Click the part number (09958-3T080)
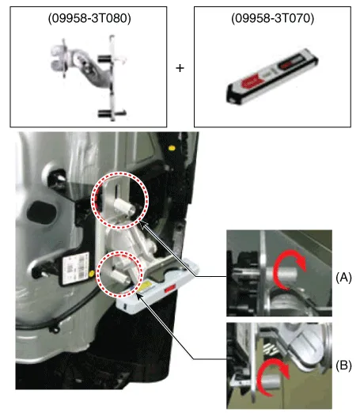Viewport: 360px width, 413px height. (89, 18)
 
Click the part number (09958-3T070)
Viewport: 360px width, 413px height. (272, 18)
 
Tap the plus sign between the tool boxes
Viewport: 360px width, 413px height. (180, 68)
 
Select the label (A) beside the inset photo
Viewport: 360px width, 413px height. (343, 278)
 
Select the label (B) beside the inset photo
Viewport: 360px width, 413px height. (343, 366)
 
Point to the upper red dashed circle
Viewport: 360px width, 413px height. (119, 172)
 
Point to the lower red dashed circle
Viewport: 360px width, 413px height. (119, 252)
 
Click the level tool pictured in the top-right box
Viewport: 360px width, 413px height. (271, 76)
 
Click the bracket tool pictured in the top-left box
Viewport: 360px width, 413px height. (89, 78)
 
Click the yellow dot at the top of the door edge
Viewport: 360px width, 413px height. (172, 148)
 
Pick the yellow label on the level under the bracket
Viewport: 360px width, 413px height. (146, 286)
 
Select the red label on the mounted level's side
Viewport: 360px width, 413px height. (170, 289)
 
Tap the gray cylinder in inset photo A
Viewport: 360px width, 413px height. (282, 275)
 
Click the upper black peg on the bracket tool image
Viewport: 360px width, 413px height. (104, 59)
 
